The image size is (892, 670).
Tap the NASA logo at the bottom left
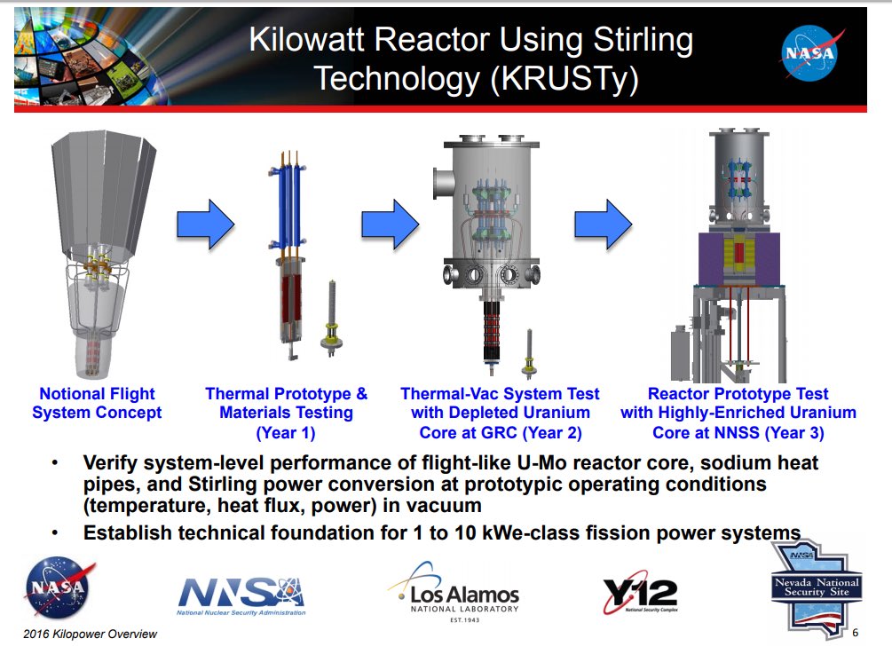coord(60,588)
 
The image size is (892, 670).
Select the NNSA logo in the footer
coord(241,595)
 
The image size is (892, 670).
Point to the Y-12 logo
coord(639,594)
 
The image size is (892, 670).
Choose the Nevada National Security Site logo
coord(815,586)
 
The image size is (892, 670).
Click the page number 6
coord(855,633)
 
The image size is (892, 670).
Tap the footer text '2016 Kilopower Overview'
coord(91,634)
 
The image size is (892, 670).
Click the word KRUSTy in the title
coord(564,79)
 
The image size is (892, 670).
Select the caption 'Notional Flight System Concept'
coord(97,403)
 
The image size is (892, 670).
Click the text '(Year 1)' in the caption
coord(286,433)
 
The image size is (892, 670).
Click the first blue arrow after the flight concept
coord(205,224)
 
